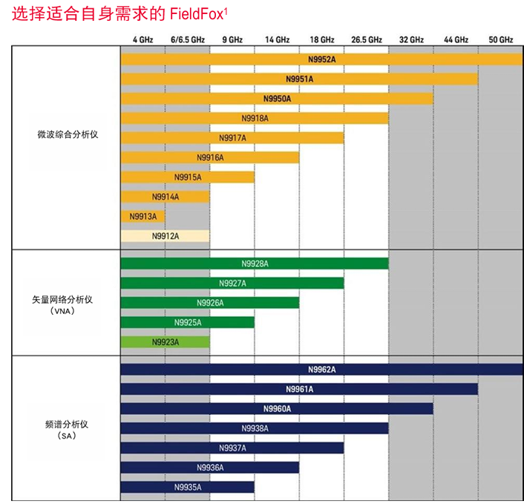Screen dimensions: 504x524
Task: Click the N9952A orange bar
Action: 321,59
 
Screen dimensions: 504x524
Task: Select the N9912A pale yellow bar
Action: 165,236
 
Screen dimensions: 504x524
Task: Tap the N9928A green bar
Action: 254,264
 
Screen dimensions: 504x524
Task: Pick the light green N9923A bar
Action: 165,342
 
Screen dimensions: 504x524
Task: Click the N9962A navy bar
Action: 321,369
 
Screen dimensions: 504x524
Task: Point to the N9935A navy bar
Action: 187,487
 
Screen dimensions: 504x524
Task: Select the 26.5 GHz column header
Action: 366,39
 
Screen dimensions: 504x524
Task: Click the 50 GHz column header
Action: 500,39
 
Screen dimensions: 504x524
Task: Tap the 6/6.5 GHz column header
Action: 187,39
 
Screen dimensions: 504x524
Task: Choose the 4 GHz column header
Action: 143,39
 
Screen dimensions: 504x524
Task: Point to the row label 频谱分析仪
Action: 68,424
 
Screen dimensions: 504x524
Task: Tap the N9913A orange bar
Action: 143,216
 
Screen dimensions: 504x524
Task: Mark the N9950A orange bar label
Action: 277,99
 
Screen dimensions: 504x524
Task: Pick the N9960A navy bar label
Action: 277,408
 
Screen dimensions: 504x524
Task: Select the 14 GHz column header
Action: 277,39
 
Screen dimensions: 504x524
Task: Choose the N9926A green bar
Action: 209,303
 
